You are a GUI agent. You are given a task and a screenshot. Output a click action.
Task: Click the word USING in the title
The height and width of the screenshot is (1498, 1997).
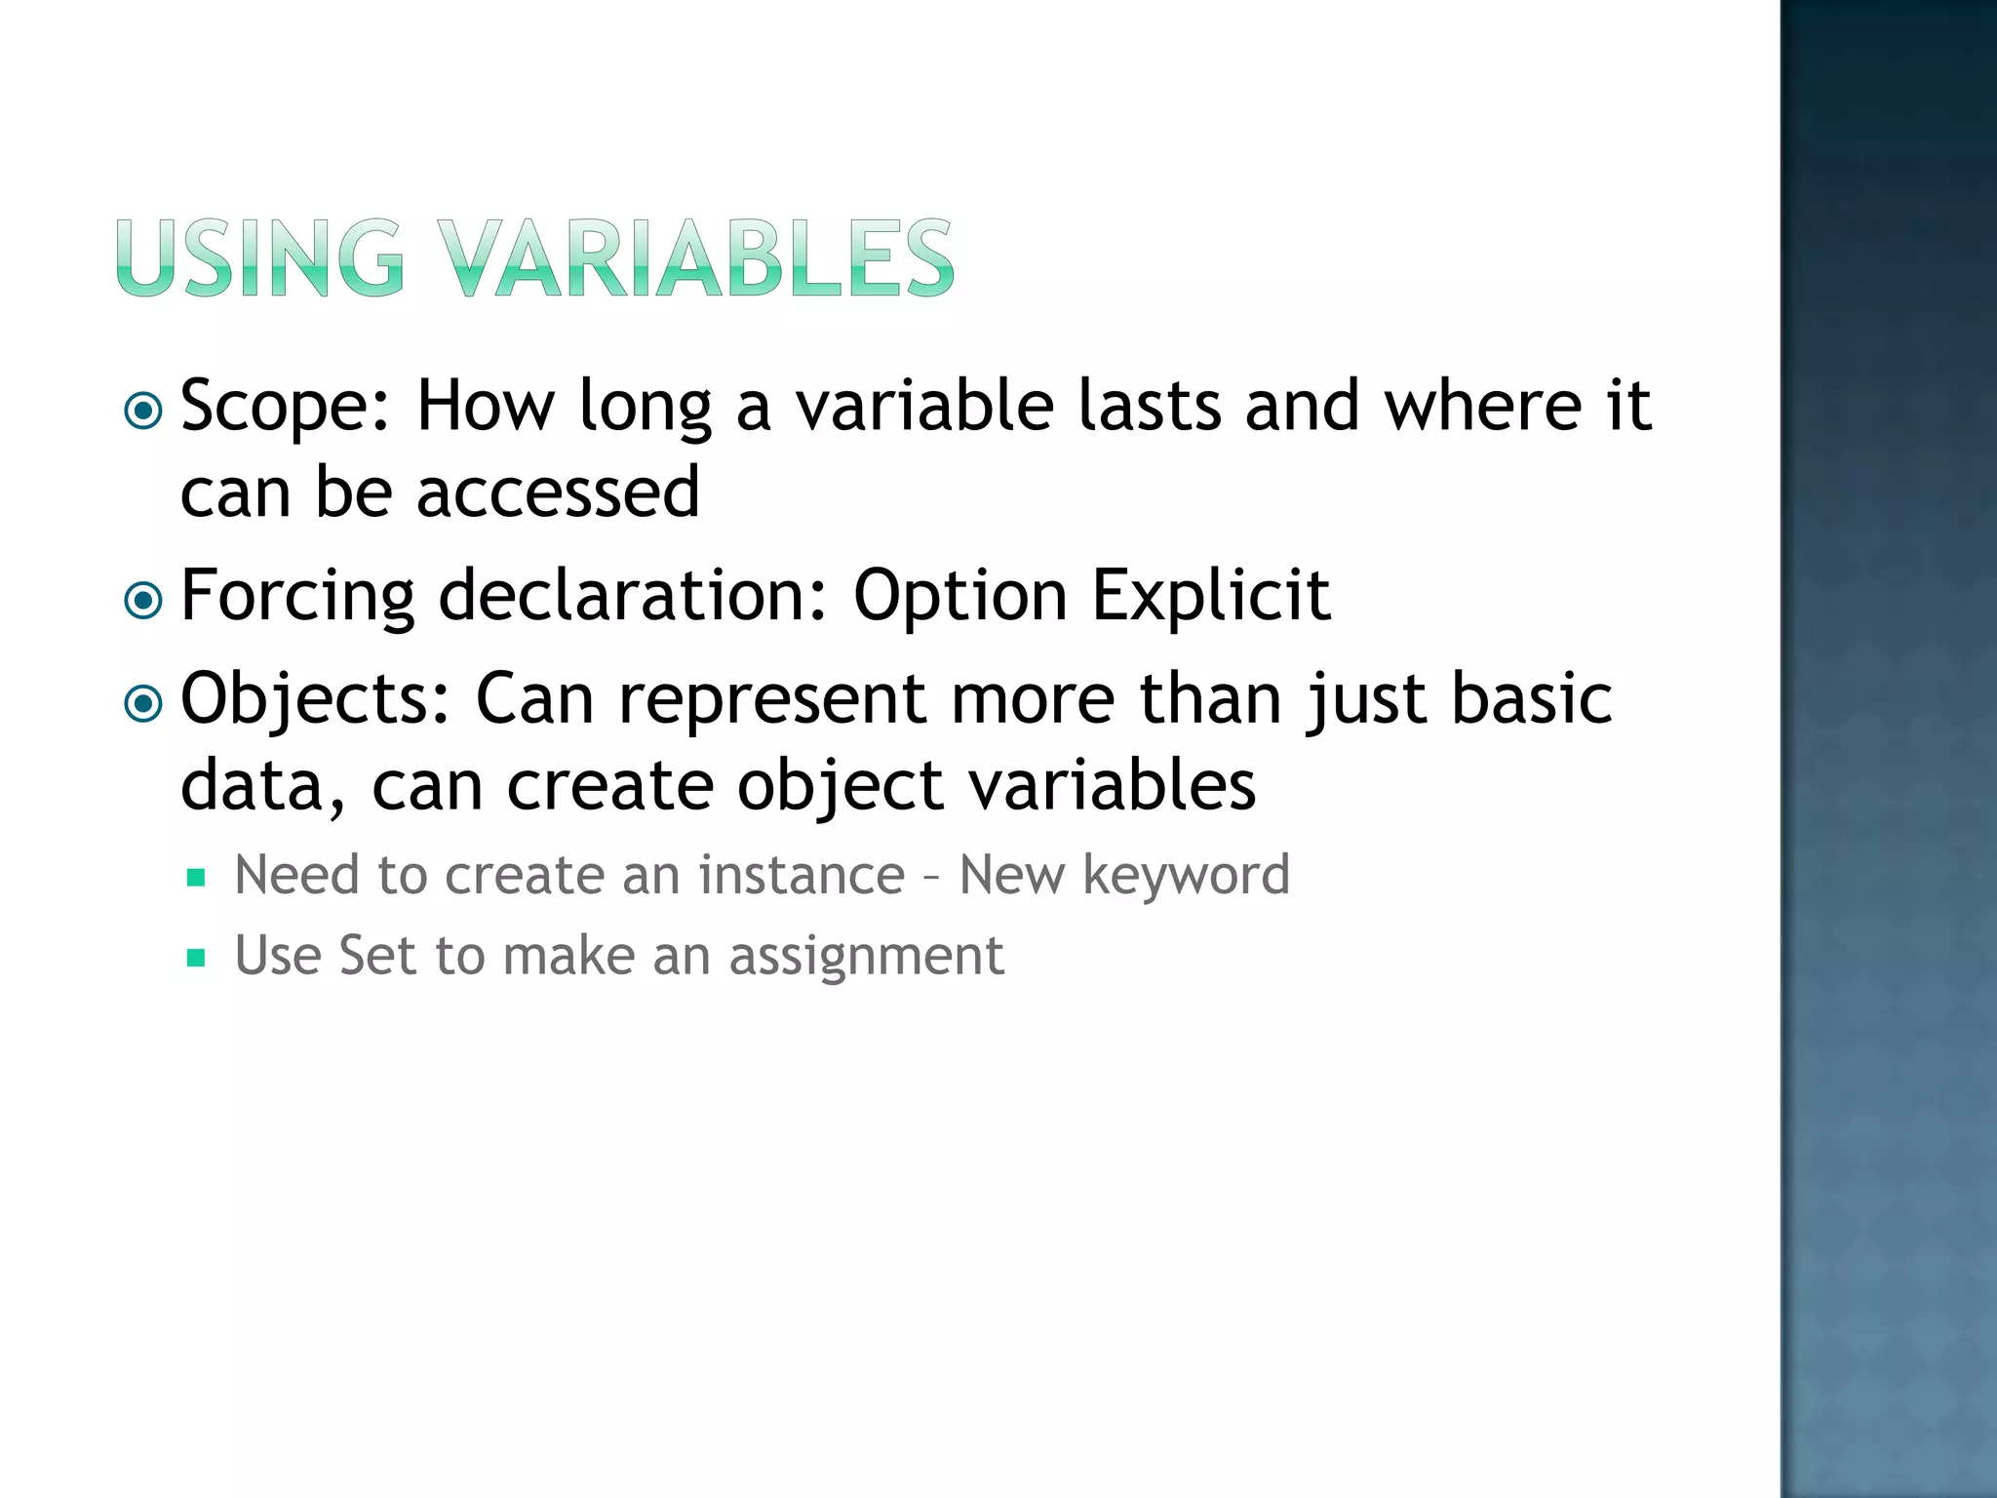(259, 257)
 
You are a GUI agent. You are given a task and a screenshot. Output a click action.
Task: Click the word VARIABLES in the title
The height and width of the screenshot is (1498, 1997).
(694, 257)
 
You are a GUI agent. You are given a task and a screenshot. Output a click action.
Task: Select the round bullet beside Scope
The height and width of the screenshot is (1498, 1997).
(144, 412)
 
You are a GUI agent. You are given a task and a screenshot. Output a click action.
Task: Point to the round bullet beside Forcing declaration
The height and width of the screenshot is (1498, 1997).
(144, 601)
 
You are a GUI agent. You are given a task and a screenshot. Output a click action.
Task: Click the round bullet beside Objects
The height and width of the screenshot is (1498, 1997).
(144, 703)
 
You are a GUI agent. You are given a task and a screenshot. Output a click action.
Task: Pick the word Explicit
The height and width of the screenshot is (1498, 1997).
(1210, 597)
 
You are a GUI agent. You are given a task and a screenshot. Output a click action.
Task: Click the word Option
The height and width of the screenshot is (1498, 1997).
(959, 597)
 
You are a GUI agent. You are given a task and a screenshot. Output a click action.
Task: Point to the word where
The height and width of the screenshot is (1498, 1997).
(1483, 406)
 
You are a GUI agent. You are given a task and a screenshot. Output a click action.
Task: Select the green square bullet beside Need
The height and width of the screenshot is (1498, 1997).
(196, 878)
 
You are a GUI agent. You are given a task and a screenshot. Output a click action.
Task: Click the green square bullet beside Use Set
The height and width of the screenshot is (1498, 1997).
(196, 958)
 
